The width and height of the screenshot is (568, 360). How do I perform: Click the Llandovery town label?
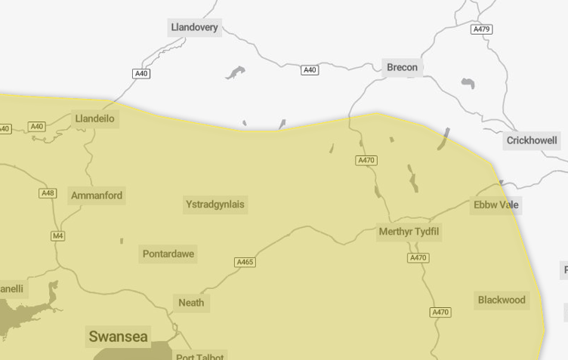194,28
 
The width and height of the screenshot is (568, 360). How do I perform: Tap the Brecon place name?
402,67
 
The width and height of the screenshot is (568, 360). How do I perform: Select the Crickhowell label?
532,140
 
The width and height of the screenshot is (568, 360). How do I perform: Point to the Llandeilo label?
95,118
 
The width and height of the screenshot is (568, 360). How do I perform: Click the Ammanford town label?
97,195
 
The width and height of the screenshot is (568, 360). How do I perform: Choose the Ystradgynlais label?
215,205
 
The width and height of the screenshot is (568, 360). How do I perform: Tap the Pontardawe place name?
168,254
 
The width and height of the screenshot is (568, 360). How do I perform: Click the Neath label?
191,303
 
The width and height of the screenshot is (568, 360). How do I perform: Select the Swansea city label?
119,337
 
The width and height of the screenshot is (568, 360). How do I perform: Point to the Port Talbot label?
200,356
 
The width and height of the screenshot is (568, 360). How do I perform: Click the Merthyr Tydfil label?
409,232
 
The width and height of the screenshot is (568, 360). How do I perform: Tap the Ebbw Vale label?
496,205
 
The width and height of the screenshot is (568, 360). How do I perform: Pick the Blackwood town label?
502,300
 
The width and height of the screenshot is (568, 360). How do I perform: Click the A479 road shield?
481,29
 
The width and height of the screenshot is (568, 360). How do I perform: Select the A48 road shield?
48,193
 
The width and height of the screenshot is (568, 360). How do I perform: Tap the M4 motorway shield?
58,236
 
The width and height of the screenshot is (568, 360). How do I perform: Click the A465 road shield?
245,263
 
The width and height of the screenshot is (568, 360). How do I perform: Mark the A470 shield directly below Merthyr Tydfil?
418,258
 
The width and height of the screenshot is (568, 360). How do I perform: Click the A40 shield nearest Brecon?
310,70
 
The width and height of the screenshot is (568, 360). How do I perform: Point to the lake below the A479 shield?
468,83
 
